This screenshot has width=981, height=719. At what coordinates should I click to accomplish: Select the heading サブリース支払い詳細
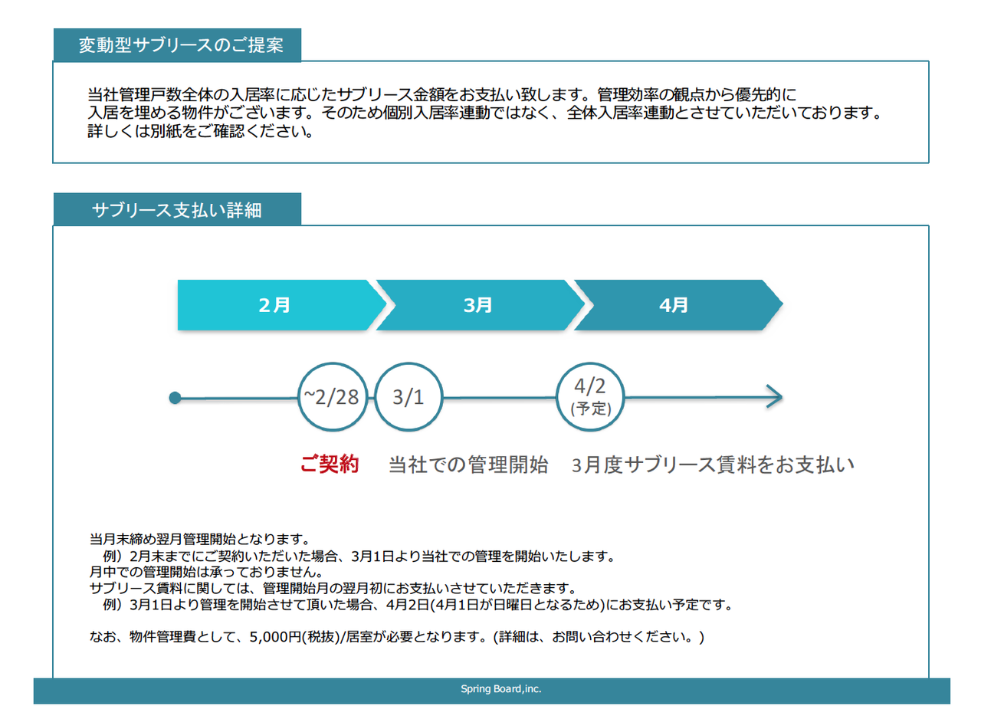coord(176,210)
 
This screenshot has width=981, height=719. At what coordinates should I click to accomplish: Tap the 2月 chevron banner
coord(276,305)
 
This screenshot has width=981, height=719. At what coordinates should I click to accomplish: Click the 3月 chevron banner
coord(477,305)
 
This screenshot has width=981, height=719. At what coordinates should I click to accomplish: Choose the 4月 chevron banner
coord(674,305)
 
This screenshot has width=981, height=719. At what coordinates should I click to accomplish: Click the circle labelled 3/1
coord(408,397)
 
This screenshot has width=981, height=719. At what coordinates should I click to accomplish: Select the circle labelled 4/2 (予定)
coord(590,397)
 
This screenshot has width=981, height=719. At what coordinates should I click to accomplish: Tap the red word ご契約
coord(330,465)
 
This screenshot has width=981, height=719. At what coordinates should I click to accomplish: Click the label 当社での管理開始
coord(468,465)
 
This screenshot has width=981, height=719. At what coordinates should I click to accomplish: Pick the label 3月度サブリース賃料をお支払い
coord(713,465)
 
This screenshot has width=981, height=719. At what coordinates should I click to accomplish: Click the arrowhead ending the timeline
coord(774,397)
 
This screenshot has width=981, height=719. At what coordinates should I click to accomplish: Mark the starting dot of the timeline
coord(175,397)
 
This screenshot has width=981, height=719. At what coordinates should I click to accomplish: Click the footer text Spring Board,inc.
coord(501,689)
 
